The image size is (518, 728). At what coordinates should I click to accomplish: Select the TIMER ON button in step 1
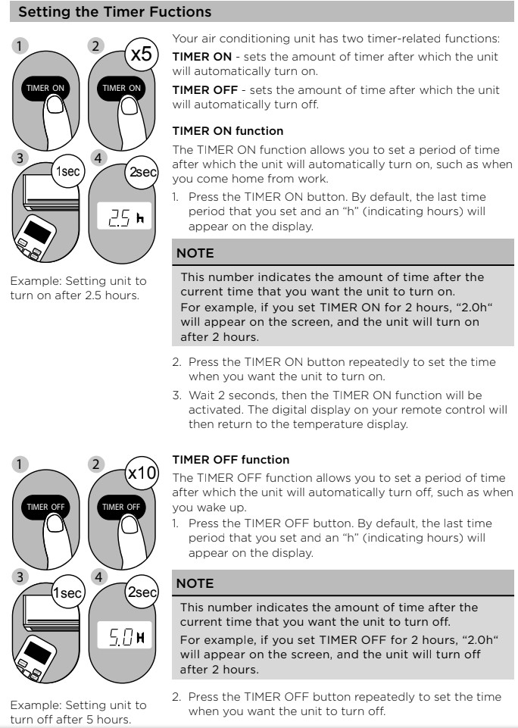[46, 88]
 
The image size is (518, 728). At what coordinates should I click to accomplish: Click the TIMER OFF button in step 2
[121, 506]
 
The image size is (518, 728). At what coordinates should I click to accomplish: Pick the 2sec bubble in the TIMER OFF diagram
[141, 592]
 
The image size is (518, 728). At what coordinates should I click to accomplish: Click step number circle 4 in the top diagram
[95, 159]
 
